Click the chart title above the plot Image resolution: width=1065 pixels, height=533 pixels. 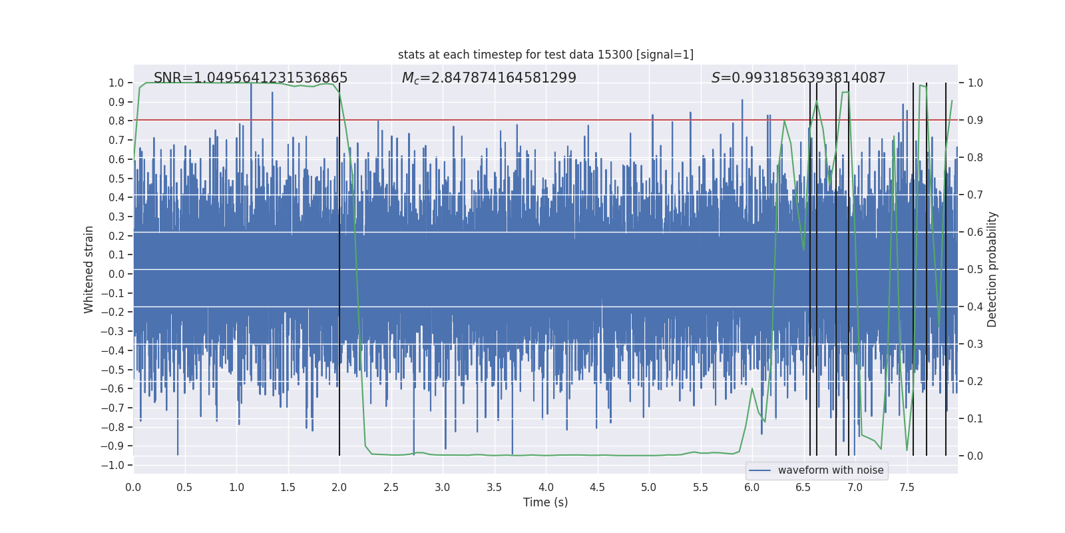[x=545, y=55]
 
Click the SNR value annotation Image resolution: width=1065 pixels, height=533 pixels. [x=250, y=78]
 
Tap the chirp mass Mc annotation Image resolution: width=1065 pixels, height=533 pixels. [x=489, y=78]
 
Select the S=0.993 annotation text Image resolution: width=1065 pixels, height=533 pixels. [x=798, y=78]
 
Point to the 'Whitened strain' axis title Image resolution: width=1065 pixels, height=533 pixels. [x=89, y=269]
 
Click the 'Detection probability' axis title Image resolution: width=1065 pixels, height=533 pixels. [x=992, y=269]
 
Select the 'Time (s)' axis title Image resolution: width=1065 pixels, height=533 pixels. [x=545, y=502]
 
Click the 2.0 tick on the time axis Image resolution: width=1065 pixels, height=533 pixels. [x=339, y=488]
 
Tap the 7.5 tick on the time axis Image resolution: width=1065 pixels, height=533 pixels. [x=907, y=488]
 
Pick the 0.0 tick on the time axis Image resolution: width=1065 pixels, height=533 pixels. [x=133, y=488]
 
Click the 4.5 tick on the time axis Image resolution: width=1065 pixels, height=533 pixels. [x=597, y=488]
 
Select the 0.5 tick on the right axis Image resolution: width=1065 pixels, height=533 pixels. [x=975, y=269]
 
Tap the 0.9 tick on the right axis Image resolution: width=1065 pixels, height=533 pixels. [x=975, y=120]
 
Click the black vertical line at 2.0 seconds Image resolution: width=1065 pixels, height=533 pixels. [x=339, y=266]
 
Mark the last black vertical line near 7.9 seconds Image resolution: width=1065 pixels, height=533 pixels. [x=946, y=266]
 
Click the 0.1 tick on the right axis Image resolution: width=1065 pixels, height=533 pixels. [x=975, y=418]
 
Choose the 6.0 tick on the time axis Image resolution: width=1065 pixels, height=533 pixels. [x=752, y=488]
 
